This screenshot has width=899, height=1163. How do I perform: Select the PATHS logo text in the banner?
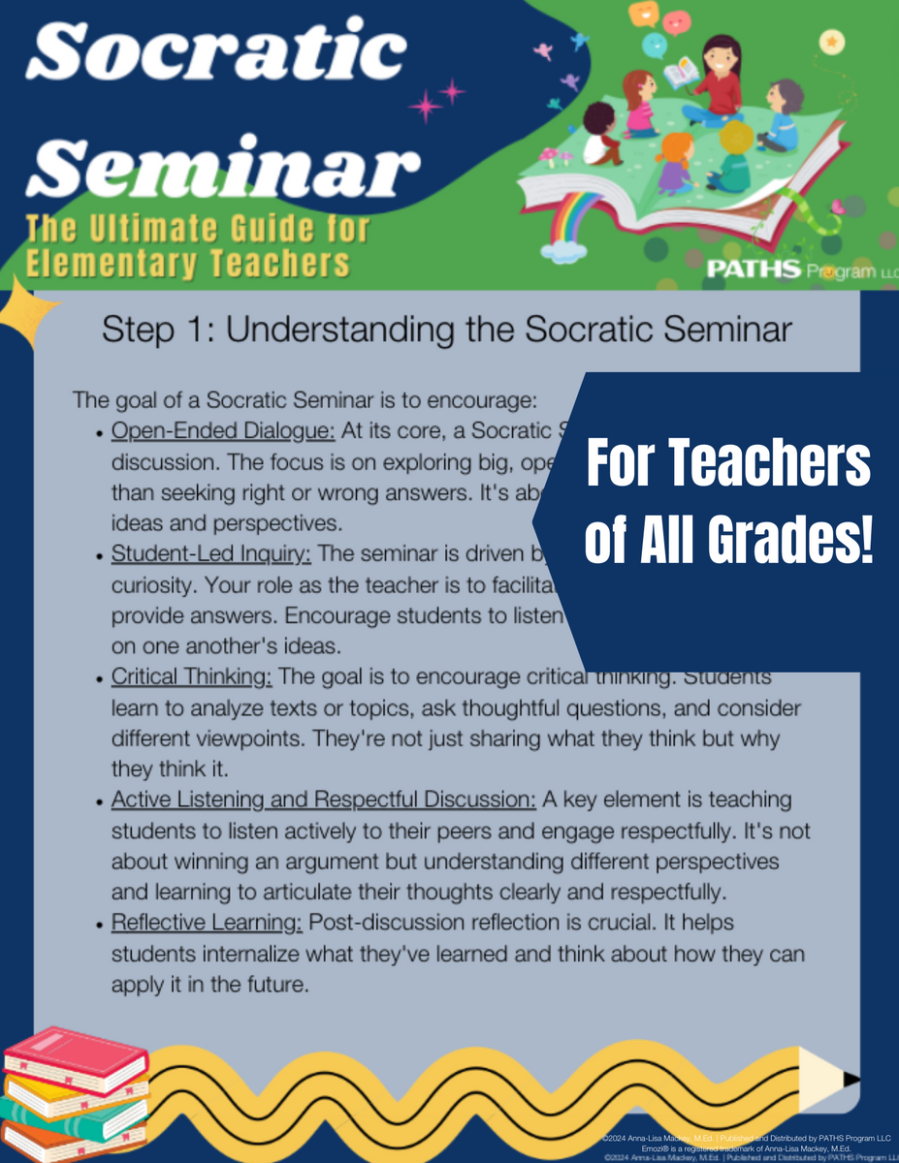pyautogui.click(x=754, y=267)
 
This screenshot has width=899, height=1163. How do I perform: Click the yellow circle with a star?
pyautogui.click(x=830, y=42)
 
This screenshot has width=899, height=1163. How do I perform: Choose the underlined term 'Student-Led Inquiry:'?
pyautogui.click(x=212, y=553)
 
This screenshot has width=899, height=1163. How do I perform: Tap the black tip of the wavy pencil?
pyautogui.click(x=851, y=1079)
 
